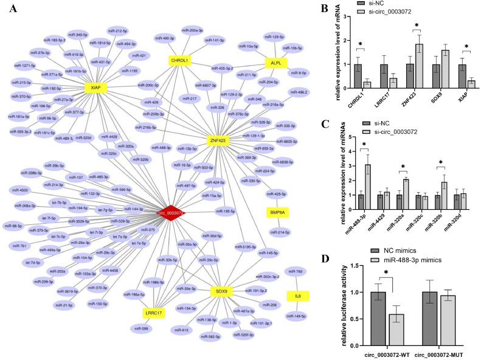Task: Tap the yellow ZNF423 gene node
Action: pyautogui.click(x=219, y=139)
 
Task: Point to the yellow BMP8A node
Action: pyautogui.click(x=277, y=212)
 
